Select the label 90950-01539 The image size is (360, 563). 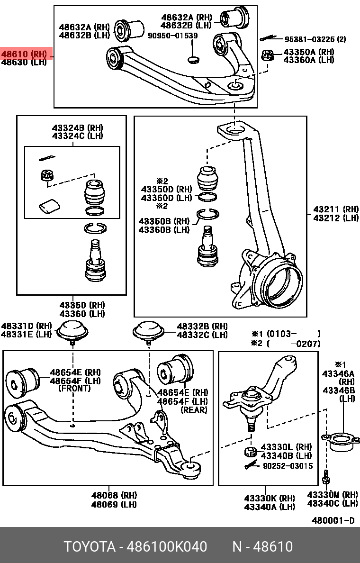(x=173, y=36)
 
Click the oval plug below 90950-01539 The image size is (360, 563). (x=193, y=59)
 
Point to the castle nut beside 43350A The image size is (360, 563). (x=267, y=55)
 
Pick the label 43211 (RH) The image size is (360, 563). (x=336, y=209)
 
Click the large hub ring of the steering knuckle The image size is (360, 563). (x=277, y=284)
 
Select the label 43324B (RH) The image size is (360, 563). (x=77, y=128)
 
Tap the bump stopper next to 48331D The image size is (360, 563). (x=72, y=330)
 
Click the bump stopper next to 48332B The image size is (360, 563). (x=148, y=330)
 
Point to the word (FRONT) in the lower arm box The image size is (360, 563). (x=74, y=389)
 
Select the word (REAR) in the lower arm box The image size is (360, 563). (x=194, y=410)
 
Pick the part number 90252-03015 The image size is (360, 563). (x=288, y=466)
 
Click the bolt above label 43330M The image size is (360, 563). (x=326, y=479)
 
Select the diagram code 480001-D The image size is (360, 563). (x=333, y=520)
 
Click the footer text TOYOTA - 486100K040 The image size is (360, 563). (x=135, y=547)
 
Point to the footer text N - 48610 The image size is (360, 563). (x=262, y=547)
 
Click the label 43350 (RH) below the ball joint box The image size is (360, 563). (x=82, y=305)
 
